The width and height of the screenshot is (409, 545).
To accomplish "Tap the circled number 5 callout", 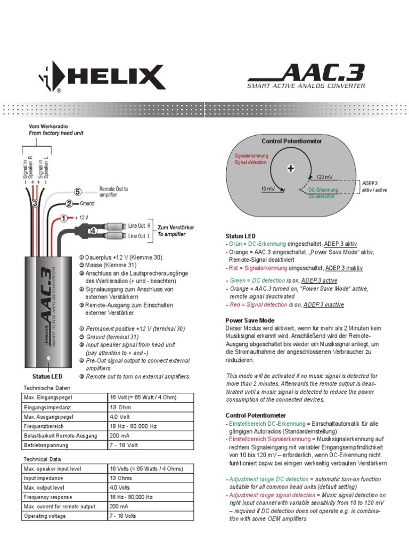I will point(78,192).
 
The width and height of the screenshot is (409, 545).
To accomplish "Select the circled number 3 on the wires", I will point(35,203).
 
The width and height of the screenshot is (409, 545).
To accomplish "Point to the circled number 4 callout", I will point(93,231).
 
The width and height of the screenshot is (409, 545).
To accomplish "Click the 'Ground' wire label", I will point(87,203).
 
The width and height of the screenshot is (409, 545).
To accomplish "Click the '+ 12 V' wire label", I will point(81,218).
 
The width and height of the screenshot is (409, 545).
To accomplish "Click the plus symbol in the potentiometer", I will point(291,169).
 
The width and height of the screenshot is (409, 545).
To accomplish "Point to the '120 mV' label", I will point(324,176).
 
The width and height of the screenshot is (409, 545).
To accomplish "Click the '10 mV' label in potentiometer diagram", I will point(268,189).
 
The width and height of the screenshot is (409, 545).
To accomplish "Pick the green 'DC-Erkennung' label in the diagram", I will point(323,189).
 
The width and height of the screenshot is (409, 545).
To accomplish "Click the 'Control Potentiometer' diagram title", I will point(291,141).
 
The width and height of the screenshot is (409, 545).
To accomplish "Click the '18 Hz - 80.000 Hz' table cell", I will point(134,426).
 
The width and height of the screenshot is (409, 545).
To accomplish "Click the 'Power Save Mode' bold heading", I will point(250,320).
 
